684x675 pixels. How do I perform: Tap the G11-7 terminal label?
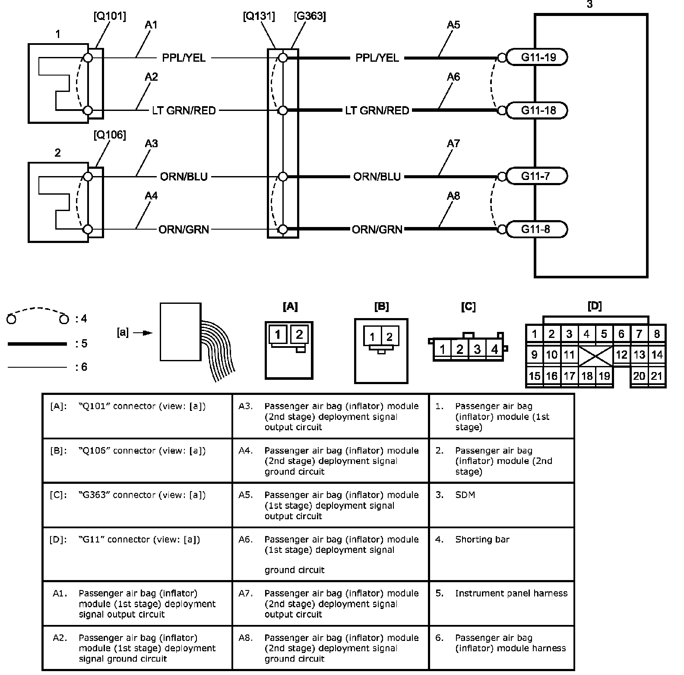[535, 176]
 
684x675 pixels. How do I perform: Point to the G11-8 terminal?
[535, 229]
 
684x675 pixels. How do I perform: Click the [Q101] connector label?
[110, 16]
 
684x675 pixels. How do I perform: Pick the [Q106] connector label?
[110, 135]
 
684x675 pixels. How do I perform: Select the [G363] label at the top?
[310, 16]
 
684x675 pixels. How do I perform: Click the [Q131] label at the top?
[259, 16]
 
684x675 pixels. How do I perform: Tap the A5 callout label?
[453, 25]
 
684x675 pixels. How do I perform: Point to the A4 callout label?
[151, 196]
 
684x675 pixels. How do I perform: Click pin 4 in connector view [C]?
[494, 349]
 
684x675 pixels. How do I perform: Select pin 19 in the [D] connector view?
[604, 376]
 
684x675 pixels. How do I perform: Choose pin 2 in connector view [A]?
[299, 334]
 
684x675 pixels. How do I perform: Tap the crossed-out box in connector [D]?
[595, 355]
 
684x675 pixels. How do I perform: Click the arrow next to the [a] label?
[143, 333]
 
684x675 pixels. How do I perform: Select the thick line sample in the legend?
[37, 344]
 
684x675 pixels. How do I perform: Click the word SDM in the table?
[465, 495]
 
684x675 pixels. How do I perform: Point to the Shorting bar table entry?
[482, 539]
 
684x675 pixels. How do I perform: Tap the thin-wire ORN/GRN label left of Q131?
[184, 229]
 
